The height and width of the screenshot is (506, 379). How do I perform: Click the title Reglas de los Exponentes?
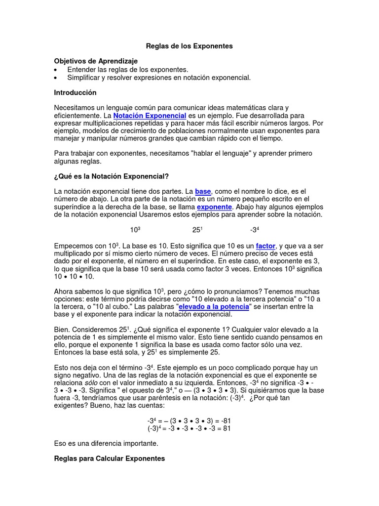point(189,46)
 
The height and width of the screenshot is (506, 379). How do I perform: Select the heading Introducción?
point(75,92)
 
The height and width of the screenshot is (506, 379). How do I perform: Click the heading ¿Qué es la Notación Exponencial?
point(111,176)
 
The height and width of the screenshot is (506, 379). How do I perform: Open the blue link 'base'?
point(203,191)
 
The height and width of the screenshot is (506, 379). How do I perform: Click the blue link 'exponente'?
point(215,207)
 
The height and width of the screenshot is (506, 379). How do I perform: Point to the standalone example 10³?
point(135,230)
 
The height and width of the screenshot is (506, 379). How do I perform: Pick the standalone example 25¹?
point(197,230)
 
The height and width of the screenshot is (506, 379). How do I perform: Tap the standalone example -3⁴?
point(255,230)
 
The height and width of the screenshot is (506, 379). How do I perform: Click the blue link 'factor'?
point(265,246)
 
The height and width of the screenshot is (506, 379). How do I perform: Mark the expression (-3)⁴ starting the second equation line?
point(156,428)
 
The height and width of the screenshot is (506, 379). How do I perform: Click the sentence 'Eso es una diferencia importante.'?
point(106,443)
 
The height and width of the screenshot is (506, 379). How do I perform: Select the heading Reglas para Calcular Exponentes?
point(109,459)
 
